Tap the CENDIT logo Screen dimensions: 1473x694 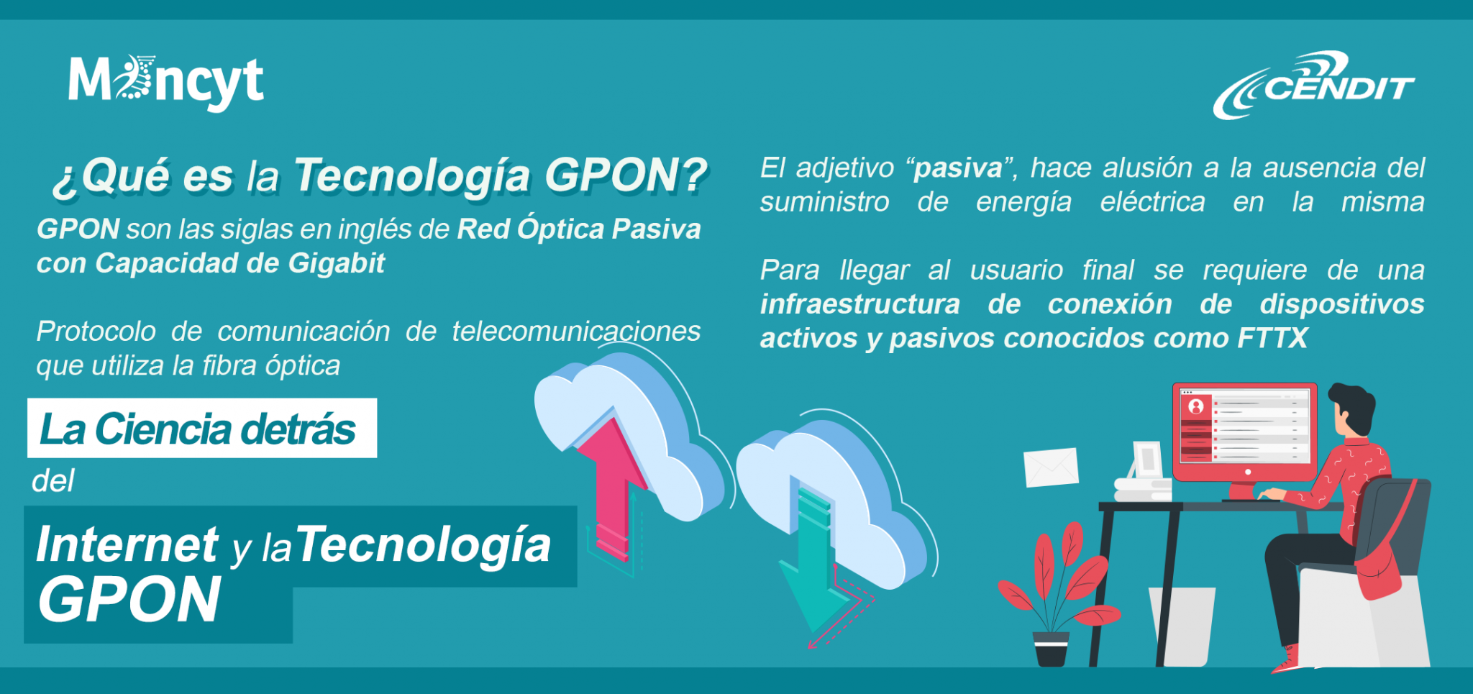click(x=1314, y=85)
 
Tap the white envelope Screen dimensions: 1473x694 click(x=1051, y=467)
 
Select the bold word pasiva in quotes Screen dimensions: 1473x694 click(x=958, y=168)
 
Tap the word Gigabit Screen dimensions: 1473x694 click(x=337, y=264)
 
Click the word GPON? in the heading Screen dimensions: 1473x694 click(x=626, y=175)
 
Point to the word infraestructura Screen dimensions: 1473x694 click(x=860, y=304)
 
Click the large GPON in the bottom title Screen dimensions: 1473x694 click(x=129, y=601)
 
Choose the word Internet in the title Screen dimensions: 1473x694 click(x=127, y=544)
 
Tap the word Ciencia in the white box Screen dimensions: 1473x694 click(x=163, y=429)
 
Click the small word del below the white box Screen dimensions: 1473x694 click(x=53, y=481)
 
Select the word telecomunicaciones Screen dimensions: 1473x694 click(x=576, y=332)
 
